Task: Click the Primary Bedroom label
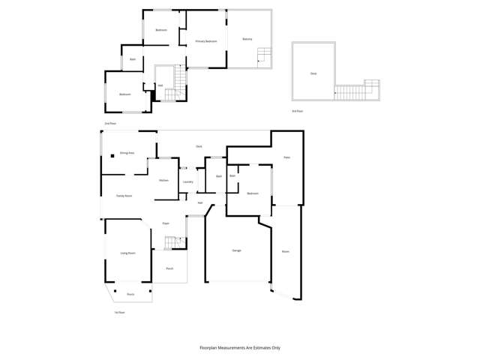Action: [x=206, y=41]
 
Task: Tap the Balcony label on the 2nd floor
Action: [x=247, y=39]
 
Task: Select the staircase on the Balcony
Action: [x=263, y=55]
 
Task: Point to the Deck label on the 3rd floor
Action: [x=313, y=73]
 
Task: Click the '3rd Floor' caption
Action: [x=298, y=111]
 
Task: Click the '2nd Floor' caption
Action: [x=109, y=123]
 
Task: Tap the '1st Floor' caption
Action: [x=118, y=311]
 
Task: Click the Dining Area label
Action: [x=127, y=153]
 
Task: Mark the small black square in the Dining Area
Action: [x=112, y=156]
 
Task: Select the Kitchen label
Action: [x=163, y=181]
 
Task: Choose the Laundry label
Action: [x=188, y=181]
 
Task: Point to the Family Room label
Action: [x=124, y=196]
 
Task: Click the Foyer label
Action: [x=166, y=223]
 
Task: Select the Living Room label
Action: [x=128, y=253]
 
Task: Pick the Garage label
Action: [x=236, y=250]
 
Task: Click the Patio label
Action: [x=286, y=157]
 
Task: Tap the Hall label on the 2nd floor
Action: [x=160, y=85]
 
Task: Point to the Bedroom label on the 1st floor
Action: [x=253, y=193]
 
